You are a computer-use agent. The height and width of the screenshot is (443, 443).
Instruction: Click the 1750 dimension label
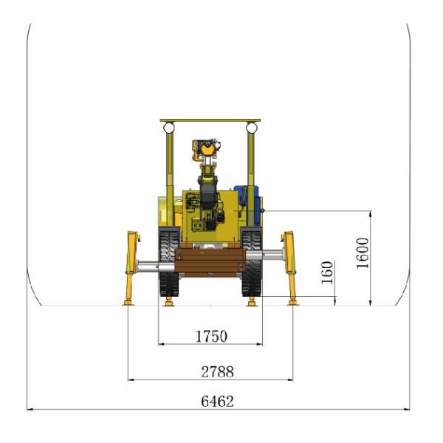[x=211, y=336]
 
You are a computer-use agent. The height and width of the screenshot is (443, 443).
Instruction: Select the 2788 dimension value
[x=217, y=371]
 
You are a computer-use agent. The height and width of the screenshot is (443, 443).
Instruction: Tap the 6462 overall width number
[x=217, y=401]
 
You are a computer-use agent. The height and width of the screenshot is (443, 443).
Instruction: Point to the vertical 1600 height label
[x=363, y=253]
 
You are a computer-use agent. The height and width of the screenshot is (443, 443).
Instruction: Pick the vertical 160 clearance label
[x=328, y=272]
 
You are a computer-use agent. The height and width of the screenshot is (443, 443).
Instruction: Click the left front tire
[x=169, y=263]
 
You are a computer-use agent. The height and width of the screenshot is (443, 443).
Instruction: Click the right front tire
[x=252, y=263]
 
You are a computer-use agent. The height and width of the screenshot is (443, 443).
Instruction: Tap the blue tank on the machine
[x=249, y=205]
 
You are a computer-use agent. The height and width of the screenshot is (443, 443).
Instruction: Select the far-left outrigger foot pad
[x=128, y=303]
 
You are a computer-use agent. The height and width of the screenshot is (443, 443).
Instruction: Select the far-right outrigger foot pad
[x=293, y=303]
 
